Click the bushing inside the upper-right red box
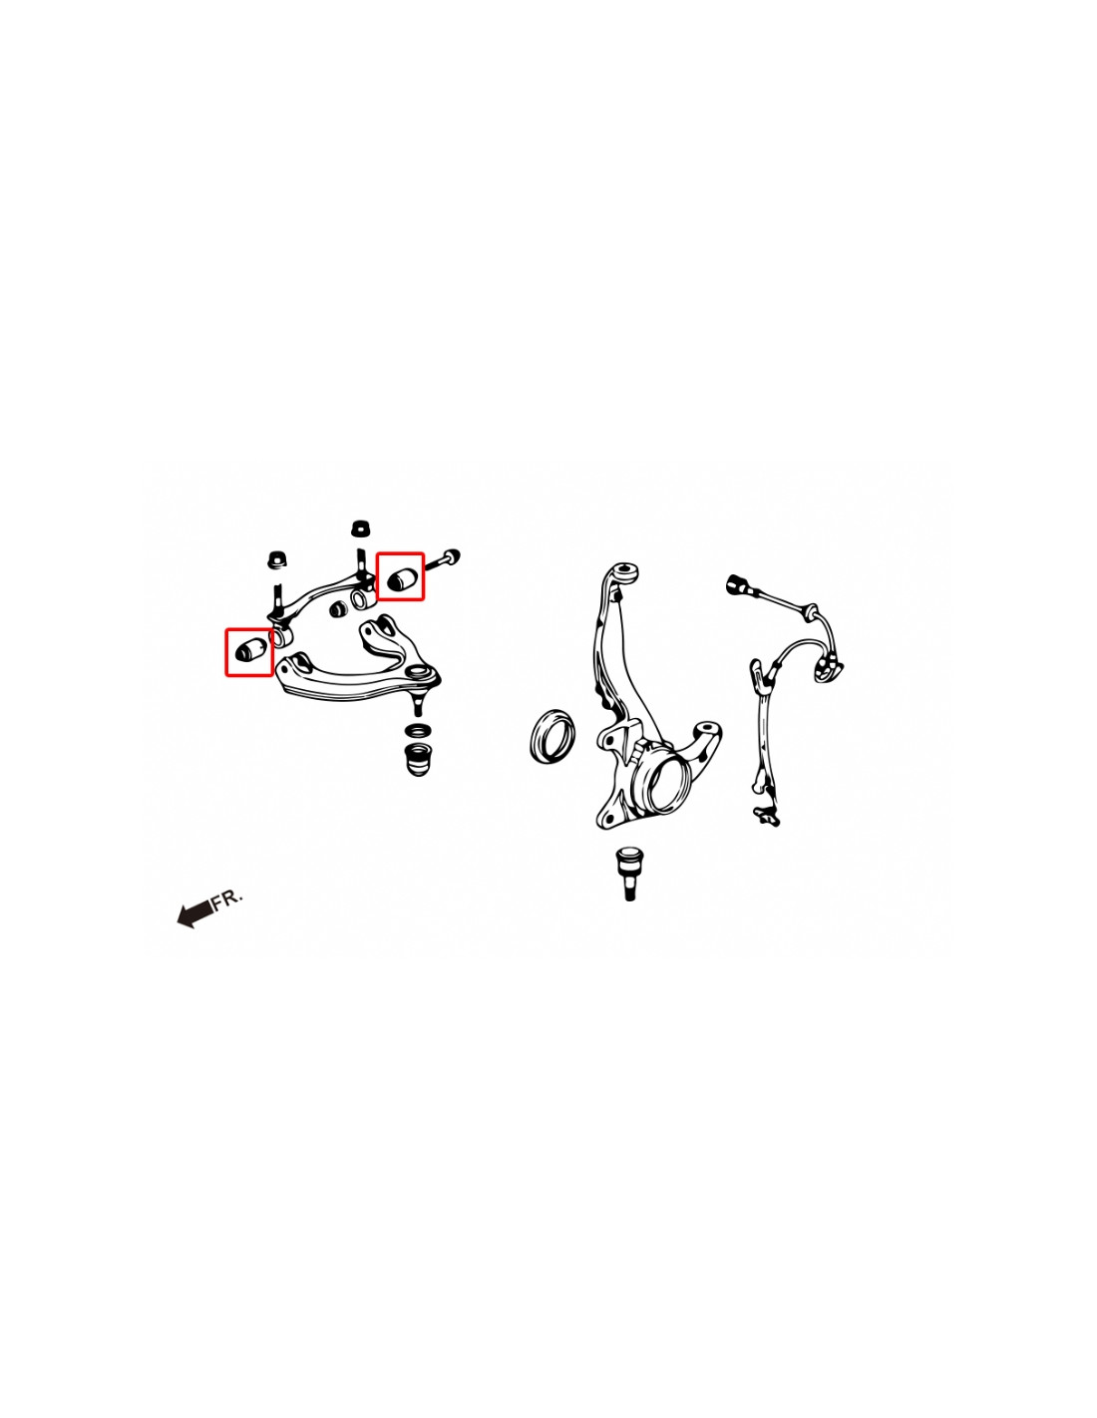point(400,577)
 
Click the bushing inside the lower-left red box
point(249,652)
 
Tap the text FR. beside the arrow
point(227,898)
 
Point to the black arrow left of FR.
point(194,912)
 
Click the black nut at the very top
point(361,529)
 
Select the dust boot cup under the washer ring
point(419,759)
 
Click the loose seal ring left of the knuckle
point(551,737)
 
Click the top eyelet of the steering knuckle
point(625,572)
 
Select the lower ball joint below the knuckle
point(629,870)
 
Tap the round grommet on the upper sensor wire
point(811,611)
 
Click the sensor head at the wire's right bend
point(826,669)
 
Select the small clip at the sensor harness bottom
point(767,817)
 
